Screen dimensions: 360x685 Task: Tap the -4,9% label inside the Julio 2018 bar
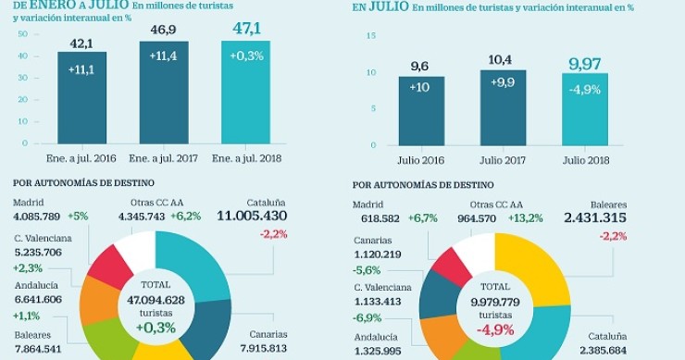[585, 89]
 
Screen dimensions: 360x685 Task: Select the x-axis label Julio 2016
[421, 159]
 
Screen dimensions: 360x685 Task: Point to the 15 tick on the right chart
[371, 35]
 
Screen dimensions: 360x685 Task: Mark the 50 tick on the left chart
[22, 33]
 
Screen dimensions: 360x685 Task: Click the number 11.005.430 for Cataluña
[252, 216]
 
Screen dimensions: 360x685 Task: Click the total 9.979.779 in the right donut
[494, 301]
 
